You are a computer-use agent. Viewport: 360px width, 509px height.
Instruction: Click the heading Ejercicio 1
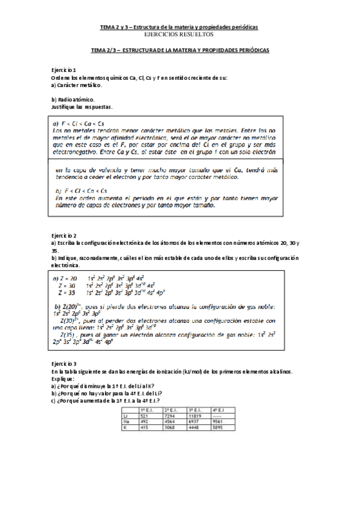[x=64, y=70]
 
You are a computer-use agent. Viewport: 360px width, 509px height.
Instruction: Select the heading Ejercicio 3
[x=64, y=364]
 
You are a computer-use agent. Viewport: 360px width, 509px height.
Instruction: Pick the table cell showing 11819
[x=199, y=415]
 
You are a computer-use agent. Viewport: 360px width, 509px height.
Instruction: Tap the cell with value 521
[x=144, y=415]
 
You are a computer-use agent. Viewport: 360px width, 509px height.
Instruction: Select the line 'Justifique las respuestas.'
[x=82, y=107]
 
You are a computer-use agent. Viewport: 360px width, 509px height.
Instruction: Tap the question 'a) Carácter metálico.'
[x=77, y=85]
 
